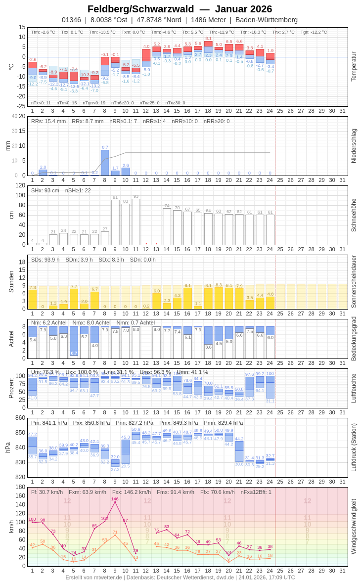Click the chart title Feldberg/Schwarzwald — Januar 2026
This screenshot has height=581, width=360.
click(x=180, y=9)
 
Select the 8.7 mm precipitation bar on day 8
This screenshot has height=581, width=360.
click(x=105, y=163)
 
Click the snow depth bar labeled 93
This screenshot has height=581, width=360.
click(x=136, y=222)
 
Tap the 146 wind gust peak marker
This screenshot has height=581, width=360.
click(x=115, y=502)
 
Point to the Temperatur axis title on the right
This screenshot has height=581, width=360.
click(x=354, y=67)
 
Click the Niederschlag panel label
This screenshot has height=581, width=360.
click(x=354, y=146)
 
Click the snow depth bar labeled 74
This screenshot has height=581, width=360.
click(x=167, y=226)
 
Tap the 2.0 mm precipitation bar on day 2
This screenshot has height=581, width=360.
click(x=43, y=173)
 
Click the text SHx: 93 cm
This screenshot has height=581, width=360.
click(x=45, y=190)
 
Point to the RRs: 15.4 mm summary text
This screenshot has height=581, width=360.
click(x=48, y=121)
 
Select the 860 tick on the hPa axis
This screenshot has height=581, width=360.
click(x=20, y=418)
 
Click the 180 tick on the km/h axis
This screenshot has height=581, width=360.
click(x=20, y=487)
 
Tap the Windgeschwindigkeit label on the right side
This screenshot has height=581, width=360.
click(x=354, y=527)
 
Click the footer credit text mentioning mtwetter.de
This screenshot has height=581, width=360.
click(x=180, y=577)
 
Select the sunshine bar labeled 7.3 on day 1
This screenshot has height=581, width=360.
click(x=33, y=299)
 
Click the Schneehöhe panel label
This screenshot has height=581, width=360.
click(x=354, y=215)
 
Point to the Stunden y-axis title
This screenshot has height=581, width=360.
click(x=11, y=281)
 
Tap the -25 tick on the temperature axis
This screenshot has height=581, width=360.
click(x=21, y=106)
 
